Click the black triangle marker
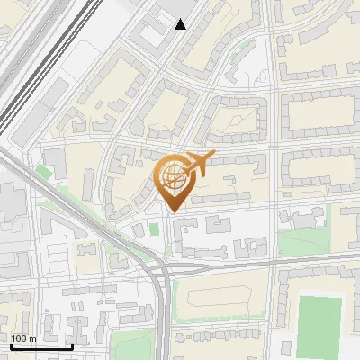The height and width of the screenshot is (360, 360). tap(181, 24)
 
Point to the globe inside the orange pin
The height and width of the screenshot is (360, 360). tap(172, 175)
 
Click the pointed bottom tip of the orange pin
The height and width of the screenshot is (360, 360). tap(173, 211)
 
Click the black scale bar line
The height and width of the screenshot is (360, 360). tap(41, 346)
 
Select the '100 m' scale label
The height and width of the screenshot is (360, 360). tap(24, 338)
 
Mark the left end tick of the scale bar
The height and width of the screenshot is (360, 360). tap(10, 345)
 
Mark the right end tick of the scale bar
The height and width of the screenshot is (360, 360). tap(73, 345)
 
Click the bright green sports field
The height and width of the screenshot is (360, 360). tap(319, 324)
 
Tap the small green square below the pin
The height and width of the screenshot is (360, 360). tap(154, 229)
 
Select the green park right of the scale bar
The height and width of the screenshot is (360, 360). tap(135, 345)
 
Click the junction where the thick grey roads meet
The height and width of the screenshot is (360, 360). tap(163, 270)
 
